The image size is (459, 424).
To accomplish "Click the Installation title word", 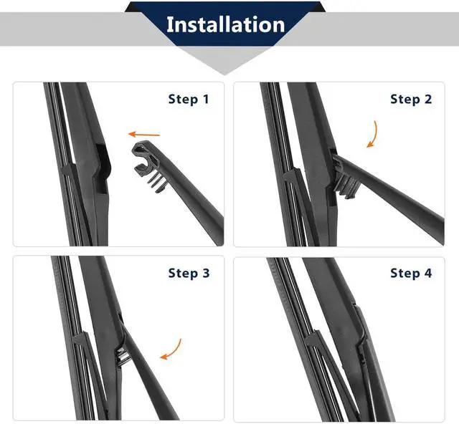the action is [225, 24].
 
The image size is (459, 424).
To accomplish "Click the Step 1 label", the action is [189, 99].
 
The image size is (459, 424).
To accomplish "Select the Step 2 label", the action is [411, 99].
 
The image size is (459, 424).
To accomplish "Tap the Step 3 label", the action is [189, 273].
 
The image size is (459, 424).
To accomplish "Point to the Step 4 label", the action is [411, 273].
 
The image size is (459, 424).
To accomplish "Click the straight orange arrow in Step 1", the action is [144, 135].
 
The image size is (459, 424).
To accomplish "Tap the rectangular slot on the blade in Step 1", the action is [101, 168].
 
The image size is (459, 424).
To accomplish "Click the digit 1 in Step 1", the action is [206, 99].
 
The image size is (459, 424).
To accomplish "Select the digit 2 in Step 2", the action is [428, 99].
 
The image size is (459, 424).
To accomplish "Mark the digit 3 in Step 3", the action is [206, 273].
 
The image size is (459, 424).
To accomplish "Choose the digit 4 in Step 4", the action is [428, 273].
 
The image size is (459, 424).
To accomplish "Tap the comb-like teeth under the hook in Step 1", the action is [158, 183].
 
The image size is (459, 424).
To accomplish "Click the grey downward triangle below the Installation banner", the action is [224, 60].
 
